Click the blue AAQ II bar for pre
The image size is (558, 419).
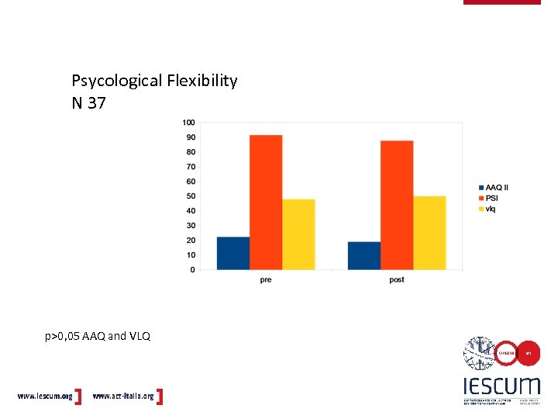[233, 254]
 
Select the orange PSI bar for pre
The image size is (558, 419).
[266, 203]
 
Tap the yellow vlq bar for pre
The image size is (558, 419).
[298, 234]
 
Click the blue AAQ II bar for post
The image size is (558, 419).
[364, 256]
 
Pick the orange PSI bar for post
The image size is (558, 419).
[397, 206]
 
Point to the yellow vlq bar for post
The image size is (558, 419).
[429, 233]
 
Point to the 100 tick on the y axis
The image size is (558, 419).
[188, 123]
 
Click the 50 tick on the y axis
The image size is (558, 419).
[190, 196]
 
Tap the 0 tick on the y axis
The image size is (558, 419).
[192, 270]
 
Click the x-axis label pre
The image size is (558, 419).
[266, 280]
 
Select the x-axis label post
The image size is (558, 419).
[397, 280]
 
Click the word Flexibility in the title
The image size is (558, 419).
[199, 81]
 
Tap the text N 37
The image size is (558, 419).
[88, 102]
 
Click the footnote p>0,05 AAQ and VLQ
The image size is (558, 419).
[98, 336]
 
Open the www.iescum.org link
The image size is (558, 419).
[45, 396]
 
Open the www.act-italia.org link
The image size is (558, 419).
[123, 396]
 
